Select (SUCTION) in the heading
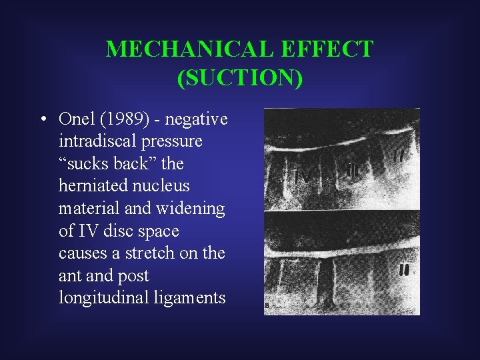pyautogui.click(x=240, y=77)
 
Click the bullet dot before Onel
pyautogui.click(x=42, y=119)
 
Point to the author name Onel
pyautogui.click(x=75, y=119)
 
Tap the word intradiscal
pyautogui.click(x=96, y=141)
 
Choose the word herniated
pyautogui.click(x=90, y=186)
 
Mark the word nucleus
pyautogui.click(x=163, y=186)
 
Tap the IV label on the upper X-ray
pyautogui.click(x=303, y=176)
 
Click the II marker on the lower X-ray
pyautogui.click(x=404, y=271)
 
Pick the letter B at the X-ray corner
pyautogui.click(x=268, y=306)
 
